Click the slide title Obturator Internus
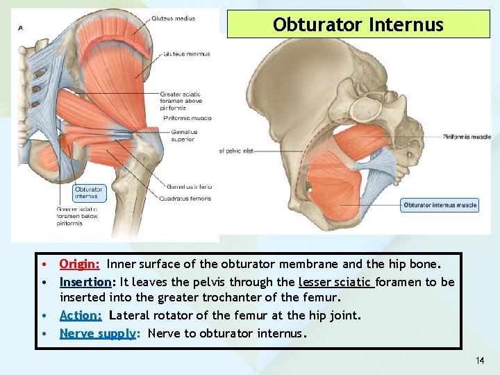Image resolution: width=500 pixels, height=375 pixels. click(x=358, y=25)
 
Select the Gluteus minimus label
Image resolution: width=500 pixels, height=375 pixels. click(x=187, y=53)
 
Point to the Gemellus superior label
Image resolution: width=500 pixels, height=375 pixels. click(x=182, y=135)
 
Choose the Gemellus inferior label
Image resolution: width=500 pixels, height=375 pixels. click(x=189, y=186)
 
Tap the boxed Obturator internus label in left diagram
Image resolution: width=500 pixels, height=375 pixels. click(x=88, y=192)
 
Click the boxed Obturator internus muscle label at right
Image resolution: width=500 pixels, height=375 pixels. click(x=440, y=205)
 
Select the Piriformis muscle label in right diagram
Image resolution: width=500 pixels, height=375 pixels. click(x=467, y=137)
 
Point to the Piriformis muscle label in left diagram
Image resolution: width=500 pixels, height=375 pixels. click(x=187, y=118)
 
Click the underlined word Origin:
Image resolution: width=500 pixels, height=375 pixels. click(x=80, y=264)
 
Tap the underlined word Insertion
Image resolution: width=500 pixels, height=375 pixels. click(x=85, y=281)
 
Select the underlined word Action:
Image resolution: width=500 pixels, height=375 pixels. click(x=81, y=315)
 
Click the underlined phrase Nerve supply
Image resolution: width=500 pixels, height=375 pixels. click(x=97, y=333)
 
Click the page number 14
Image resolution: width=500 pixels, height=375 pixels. click(x=480, y=360)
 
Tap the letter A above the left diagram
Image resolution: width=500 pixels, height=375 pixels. click(x=20, y=27)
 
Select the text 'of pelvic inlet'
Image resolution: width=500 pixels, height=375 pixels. click(x=236, y=151)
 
